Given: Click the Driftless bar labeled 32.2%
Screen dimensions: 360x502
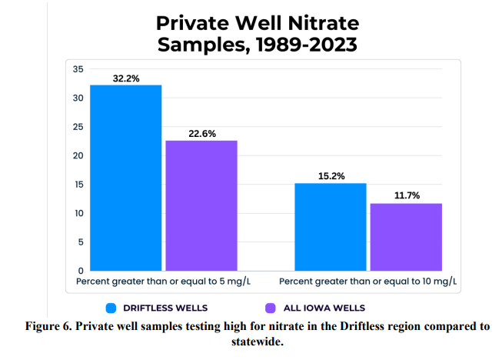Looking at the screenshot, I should point(126,177).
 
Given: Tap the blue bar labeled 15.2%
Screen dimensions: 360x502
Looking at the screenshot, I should point(331,226).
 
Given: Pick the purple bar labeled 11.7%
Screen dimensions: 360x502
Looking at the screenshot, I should point(407,236).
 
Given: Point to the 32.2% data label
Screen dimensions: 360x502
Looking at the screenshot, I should point(126,78).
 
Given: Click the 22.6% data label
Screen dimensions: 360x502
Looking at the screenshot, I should point(201,134).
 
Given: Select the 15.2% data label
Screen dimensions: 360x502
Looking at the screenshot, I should point(331,176).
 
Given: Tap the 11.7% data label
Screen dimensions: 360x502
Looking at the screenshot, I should point(407,196).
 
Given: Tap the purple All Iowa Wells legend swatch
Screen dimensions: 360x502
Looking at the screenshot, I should point(270,308).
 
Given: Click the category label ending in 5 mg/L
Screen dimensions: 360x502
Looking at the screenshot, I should point(163,282).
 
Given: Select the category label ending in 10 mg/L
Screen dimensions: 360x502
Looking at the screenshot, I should point(368,282).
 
